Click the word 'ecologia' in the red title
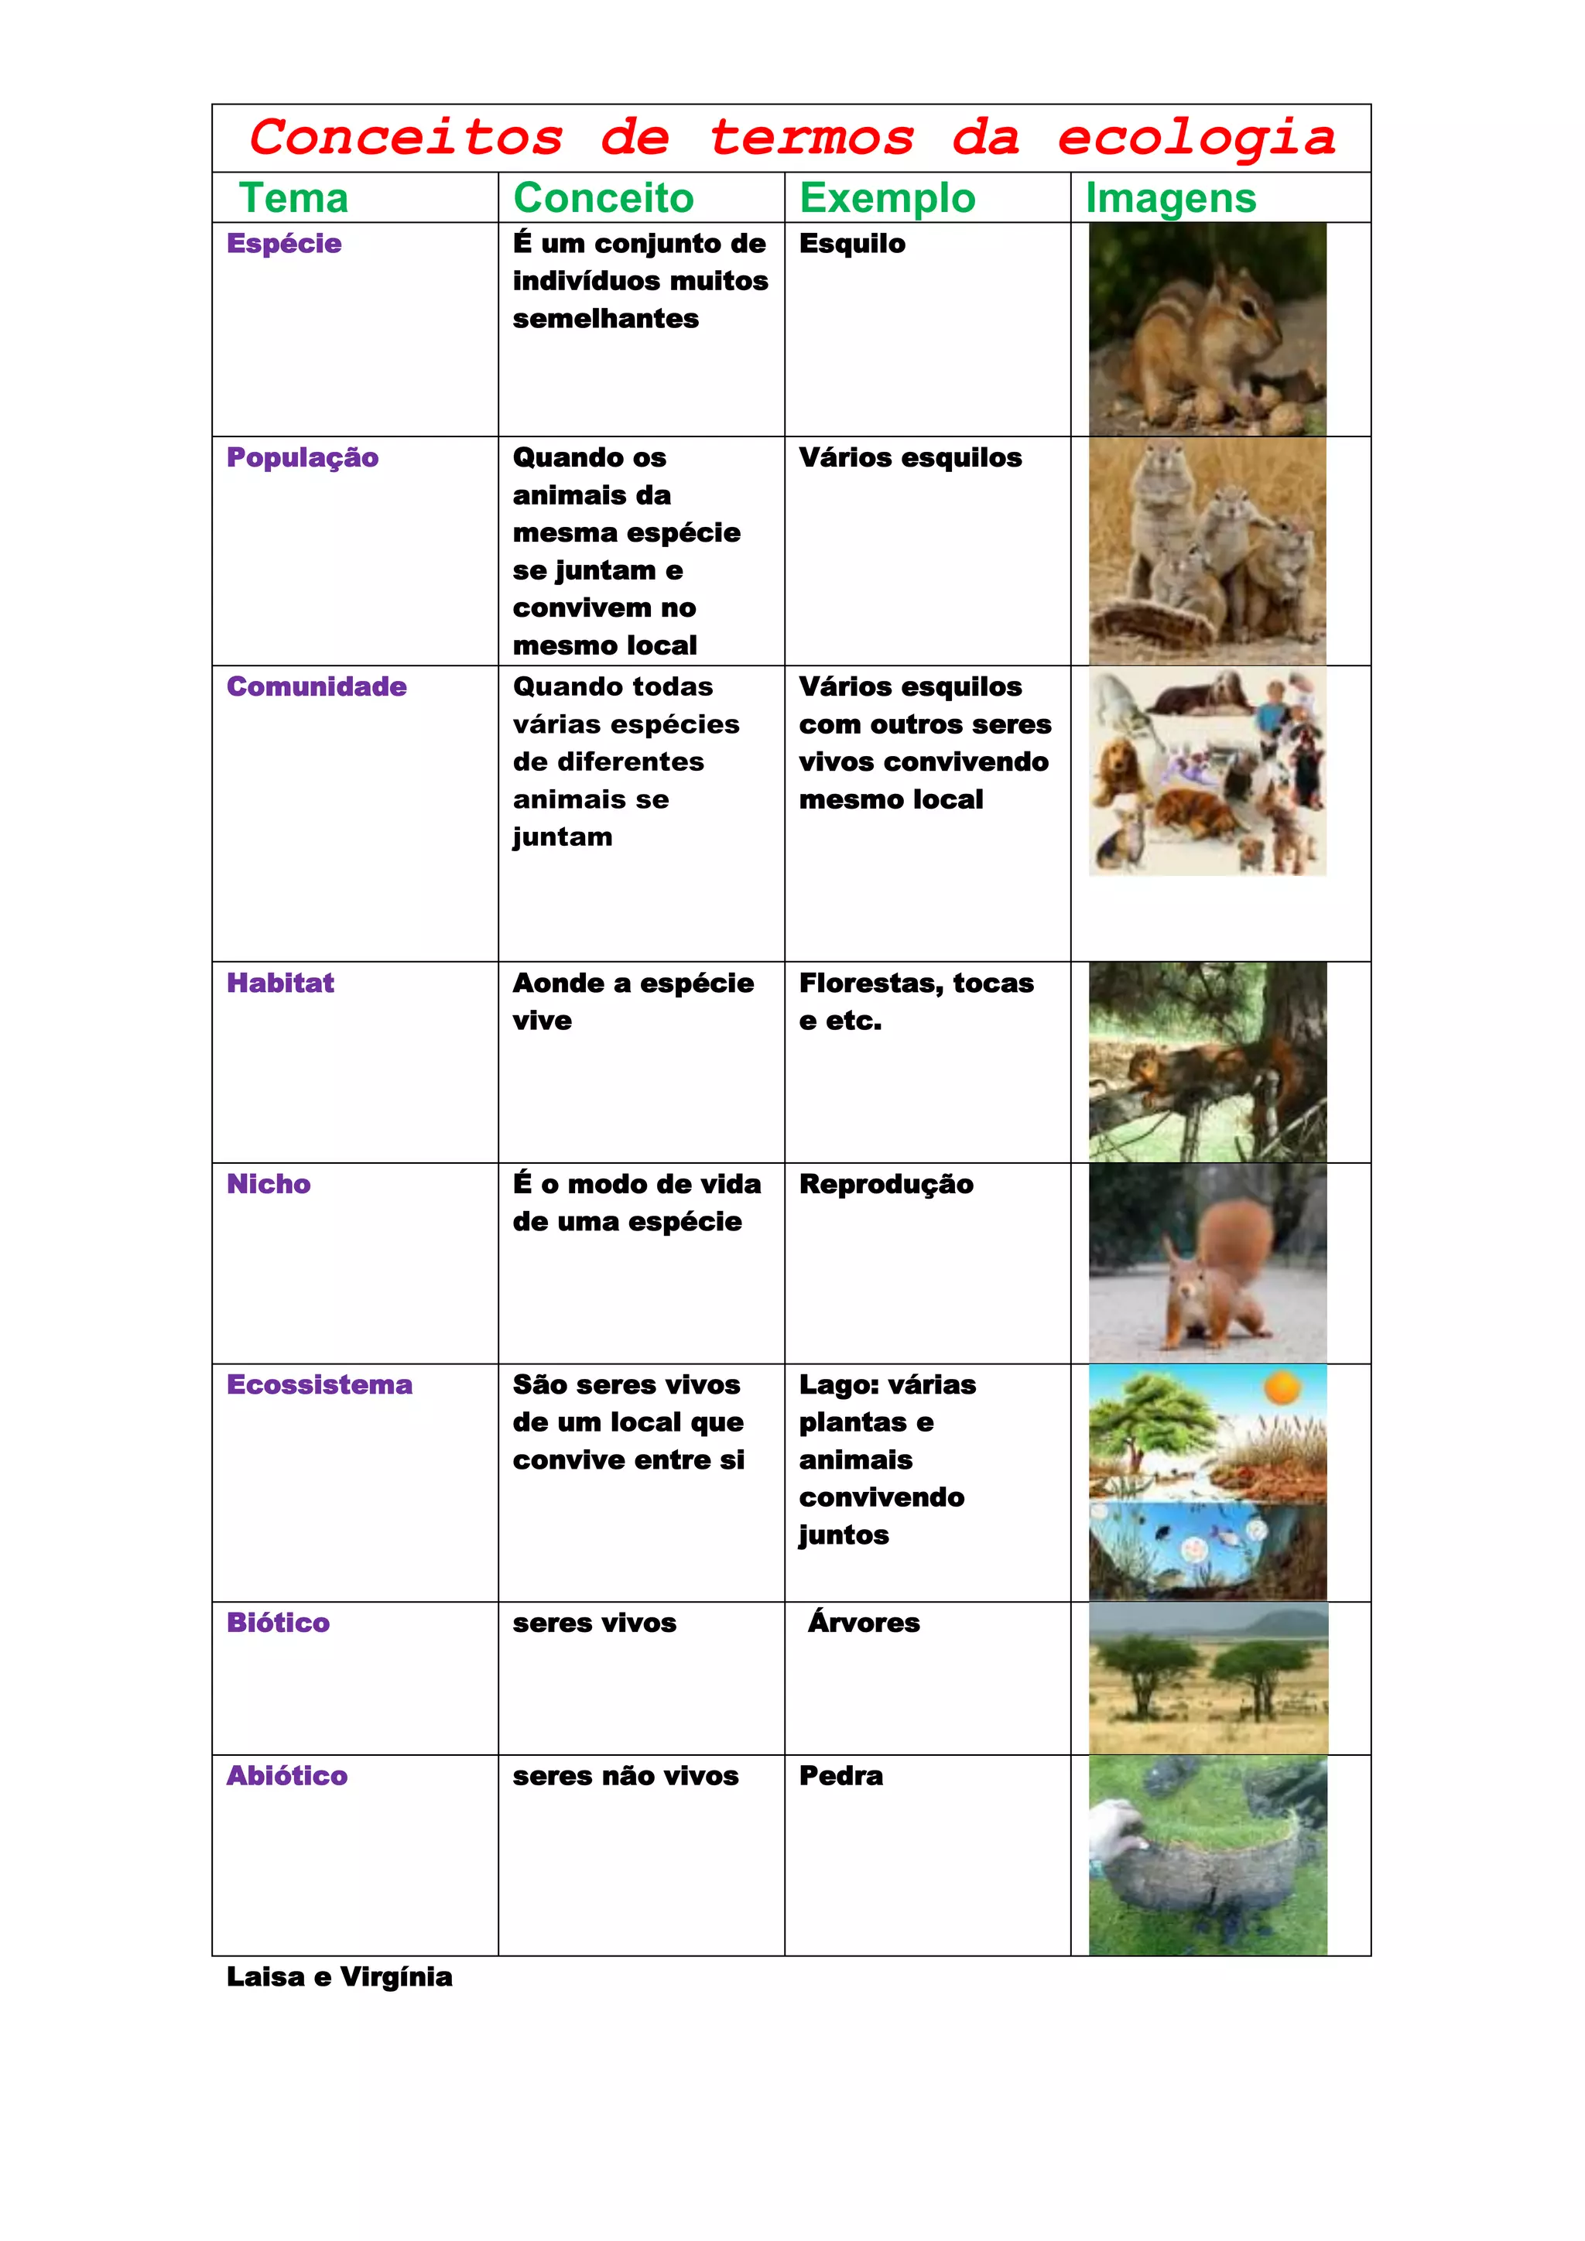(x=1196, y=138)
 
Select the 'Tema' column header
(x=294, y=198)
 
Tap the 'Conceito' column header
(x=603, y=198)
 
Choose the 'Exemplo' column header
(x=887, y=198)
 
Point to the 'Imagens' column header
(x=1170, y=198)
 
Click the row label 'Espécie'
(x=284, y=243)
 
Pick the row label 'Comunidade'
(x=317, y=686)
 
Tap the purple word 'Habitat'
(x=280, y=983)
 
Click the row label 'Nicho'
(x=269, y=1184)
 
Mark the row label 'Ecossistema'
(x=319, y=1384)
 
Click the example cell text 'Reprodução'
(x=886, y=1184)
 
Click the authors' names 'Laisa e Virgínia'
(x=340, y=1976)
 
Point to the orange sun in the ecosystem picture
(x=1282, y=1388)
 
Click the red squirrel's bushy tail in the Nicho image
(x=1238, y=1240)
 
